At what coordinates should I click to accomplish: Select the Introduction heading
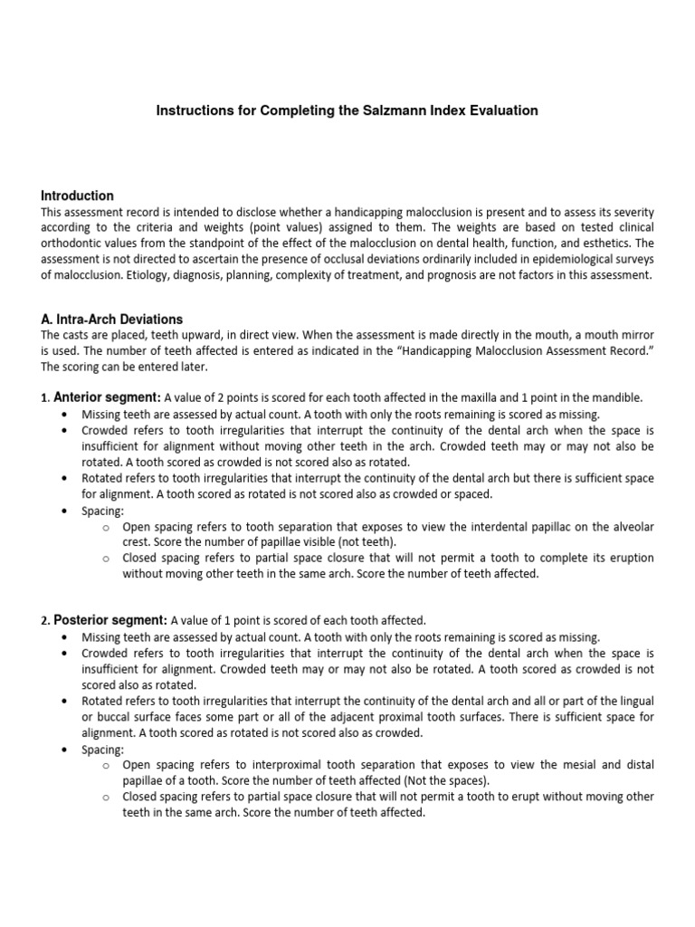coord(78,196)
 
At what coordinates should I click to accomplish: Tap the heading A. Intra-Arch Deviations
coord(112,319)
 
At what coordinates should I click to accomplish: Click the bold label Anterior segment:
coord(107,397)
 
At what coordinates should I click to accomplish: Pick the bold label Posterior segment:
coord(109,620)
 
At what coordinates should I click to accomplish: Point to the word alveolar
coord(628,526)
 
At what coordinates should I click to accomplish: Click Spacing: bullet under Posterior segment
coord(102,750)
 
